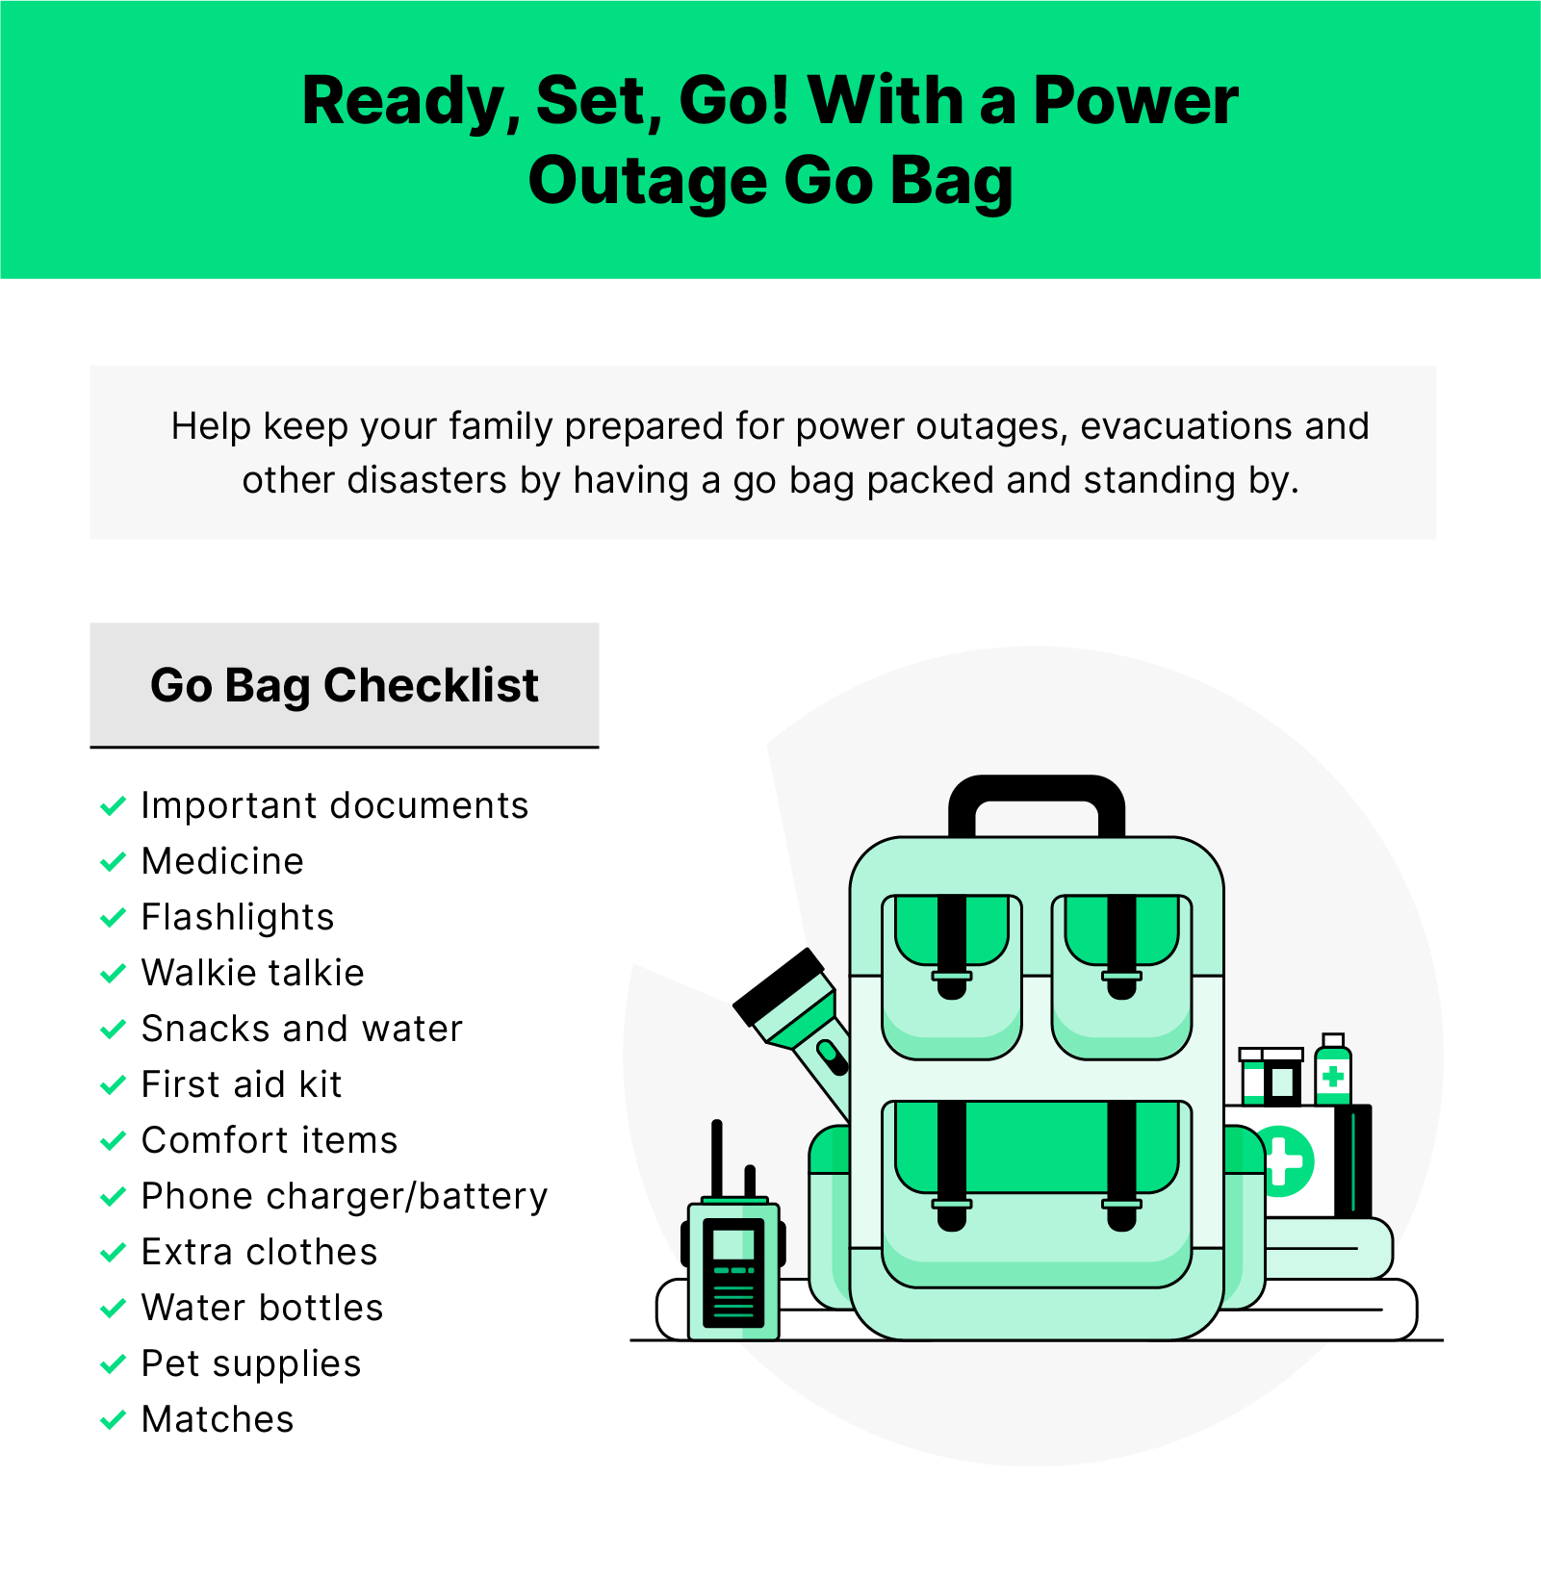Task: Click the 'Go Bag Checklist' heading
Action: (x=344, y=685)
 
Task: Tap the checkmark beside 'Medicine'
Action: (x=113, y=861)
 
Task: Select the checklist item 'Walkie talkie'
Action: (x=252, y=973)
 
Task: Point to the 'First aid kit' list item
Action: (x=241, y=1084)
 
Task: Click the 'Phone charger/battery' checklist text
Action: (x=344, y=1196)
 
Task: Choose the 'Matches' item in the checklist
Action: (x=218, y=1419)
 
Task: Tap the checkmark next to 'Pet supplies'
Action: (x=113, y=1363)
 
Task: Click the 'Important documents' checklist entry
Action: (x=334, y=805)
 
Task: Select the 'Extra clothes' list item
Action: (x=259, y=1252)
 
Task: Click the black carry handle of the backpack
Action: (x=1036, y=794)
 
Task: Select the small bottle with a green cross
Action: (x=1332, y=1070)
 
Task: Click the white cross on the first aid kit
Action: (x=1285, y=1160)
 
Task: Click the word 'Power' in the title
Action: (x=1135, y=101)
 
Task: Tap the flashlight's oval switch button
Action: (x=832, y=1056)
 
